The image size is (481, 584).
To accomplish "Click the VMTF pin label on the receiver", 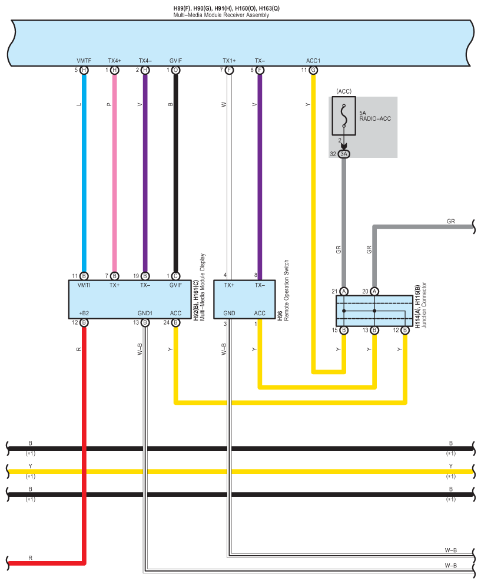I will (84, 61).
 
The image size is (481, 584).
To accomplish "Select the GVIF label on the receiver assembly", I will (175, 61).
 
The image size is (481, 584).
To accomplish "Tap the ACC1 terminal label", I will (313, 61).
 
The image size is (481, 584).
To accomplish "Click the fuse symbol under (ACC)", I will (343, 113).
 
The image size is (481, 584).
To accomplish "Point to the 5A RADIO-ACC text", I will (375, 116).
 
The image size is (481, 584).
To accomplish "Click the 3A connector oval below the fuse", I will (344, 154).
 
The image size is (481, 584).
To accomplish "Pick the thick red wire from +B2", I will (84, 442).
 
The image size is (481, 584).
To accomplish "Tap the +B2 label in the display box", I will (84, 313).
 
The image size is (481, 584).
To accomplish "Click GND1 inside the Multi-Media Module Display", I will (145, 313).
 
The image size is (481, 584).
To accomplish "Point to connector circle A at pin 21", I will (344, 291).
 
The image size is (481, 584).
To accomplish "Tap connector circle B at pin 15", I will (344, 331).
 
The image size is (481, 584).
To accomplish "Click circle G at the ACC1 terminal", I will (313, 70).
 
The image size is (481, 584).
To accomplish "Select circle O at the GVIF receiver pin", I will (175, 70).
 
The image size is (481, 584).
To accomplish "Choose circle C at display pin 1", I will (175, 276).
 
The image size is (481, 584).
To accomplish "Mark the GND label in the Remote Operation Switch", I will (229, 313).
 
